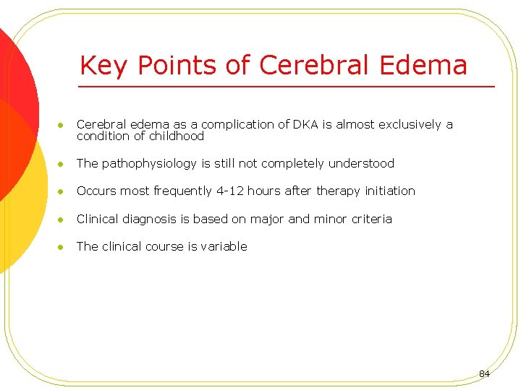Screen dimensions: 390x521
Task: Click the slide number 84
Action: pyautogui.click(x=484, y=373)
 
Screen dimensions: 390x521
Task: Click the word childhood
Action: pyautogui.click(x=177, y=136)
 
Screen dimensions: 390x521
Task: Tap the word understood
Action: pyautogui.click(x=361, y=163)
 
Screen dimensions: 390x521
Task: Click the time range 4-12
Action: pyautogui.click(x=229, y=191)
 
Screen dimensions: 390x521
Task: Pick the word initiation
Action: pyautogui.click(x=389, y=191)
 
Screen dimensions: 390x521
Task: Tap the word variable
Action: pyautogui.click(x=224, y=246)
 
